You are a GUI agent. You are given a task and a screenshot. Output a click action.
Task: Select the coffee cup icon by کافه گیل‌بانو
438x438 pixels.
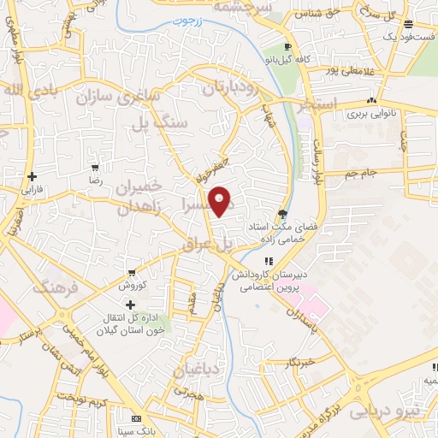click(288, 46)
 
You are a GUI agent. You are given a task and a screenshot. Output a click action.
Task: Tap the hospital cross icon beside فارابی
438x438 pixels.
click(31, 176)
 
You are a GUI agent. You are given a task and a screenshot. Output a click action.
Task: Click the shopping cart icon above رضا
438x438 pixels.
click(94, 168)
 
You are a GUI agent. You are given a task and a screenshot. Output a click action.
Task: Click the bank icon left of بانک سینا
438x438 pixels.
click(135, 419)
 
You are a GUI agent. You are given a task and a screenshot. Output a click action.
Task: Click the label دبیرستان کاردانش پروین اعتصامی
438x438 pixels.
click(268, 281)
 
